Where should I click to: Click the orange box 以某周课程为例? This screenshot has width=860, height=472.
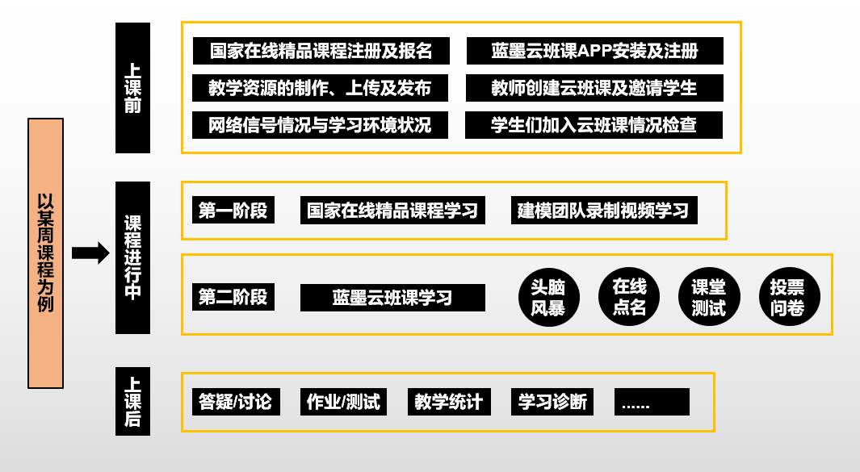45,253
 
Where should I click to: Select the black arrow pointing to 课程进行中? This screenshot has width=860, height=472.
90,253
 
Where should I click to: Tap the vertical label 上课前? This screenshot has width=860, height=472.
132,88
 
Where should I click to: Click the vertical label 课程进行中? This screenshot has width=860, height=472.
132,257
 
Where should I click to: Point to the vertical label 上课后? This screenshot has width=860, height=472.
132,401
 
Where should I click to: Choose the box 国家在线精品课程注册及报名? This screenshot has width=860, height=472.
321,51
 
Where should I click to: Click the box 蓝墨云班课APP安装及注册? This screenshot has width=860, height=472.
595,51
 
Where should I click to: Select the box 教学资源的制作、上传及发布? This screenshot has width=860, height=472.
321,88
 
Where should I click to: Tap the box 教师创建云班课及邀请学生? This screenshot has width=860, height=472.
594,88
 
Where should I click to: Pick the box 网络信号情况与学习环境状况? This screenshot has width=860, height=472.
321,125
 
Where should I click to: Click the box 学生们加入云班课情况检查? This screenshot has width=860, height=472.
594,125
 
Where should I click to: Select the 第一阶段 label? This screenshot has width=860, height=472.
233,210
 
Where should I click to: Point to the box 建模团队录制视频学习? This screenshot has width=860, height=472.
604,211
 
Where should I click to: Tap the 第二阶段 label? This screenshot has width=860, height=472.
233,297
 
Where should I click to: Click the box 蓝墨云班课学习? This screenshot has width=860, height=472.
392,298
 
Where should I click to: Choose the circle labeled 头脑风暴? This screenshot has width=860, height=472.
548,297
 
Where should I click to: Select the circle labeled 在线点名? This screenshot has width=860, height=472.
629,297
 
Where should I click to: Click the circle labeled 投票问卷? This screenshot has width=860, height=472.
789,297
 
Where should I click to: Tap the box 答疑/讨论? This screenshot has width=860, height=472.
236,402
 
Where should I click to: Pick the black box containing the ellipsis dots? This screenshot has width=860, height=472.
652,402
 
